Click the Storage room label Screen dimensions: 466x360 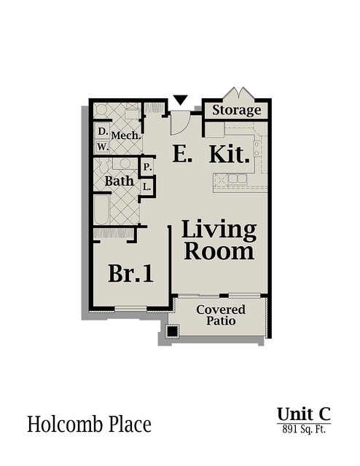click(237, 111)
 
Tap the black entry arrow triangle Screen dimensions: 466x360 click(181, 100)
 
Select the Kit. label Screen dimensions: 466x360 click(230, 154)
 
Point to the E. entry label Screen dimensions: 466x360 click(181, 154)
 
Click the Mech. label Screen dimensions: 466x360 click(125, 135)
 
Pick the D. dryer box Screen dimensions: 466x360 click(103, 132)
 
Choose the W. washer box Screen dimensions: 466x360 click(103, 146)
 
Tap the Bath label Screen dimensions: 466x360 click(119, 180)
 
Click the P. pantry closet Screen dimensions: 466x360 click(147, 167)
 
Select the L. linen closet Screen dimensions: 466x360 click(147, 186)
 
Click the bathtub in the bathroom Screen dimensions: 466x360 click(101, 210)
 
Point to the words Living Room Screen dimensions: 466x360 click(219, 240)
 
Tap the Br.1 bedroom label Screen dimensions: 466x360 click(131, 273)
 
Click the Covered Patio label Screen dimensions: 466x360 click(220, 315)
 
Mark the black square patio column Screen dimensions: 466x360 click(172, 332)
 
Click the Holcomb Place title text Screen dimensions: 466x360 click(90, 424)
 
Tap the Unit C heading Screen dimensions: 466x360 click(303, 414)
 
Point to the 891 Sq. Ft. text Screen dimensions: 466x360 click(303, 430)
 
